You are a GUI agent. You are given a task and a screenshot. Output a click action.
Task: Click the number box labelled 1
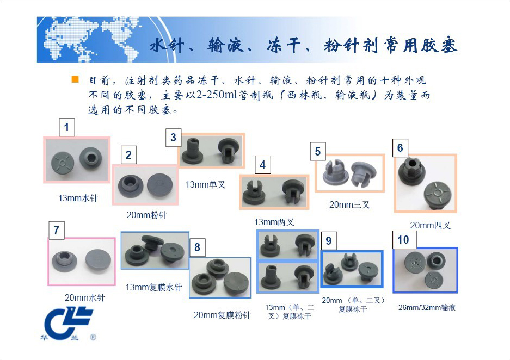(x=67, y=127)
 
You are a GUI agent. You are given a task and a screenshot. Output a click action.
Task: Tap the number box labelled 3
(x=174, y=138)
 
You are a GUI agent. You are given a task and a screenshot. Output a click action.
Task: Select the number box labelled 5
(x=318, y=151)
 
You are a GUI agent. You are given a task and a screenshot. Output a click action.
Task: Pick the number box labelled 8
(x=197, y=247)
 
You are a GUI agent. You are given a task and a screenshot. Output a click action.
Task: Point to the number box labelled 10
(x=404, y=239)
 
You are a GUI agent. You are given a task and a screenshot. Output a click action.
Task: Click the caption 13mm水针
(x=78, y=198)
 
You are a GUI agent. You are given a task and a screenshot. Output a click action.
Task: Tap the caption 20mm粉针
(x=146, y=215)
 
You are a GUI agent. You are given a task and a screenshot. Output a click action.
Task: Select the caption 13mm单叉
(x=205, y=184)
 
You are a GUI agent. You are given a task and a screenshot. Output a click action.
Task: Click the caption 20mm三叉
(x=349, y=204)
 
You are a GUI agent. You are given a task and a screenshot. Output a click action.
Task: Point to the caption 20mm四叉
(x=430, y=225)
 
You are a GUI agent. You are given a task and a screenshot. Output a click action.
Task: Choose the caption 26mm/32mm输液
(x=427, y=307)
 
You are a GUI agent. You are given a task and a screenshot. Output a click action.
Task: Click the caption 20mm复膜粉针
(x=222, y=315)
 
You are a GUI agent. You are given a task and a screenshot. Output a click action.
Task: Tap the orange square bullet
(x=75, y=79)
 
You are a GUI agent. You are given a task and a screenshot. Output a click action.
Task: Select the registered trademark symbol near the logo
(x=93, y=337)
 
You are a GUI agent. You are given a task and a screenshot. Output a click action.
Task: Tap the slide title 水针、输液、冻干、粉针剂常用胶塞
(x=303, y=45)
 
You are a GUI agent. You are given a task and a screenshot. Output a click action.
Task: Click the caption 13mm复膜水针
(x=153, y=287)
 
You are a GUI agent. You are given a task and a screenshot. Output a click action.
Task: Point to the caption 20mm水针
(x=84, y=297)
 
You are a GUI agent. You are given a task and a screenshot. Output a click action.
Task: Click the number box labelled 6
(x=400, y=148)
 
